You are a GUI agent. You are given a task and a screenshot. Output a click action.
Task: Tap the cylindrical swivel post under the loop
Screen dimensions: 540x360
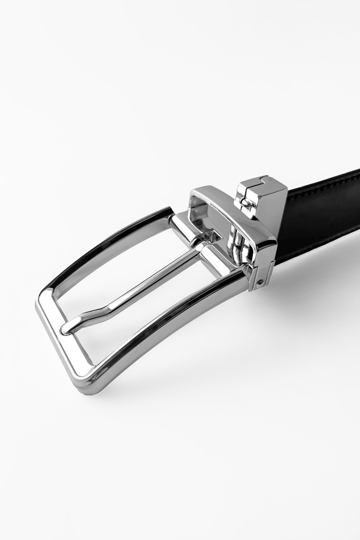(236, 246)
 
